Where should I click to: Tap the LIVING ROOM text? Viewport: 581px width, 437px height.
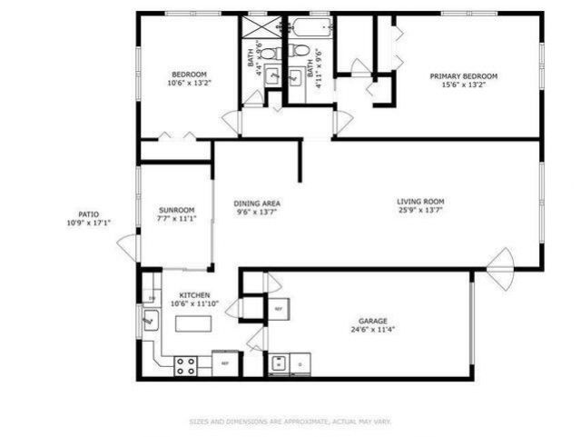420,202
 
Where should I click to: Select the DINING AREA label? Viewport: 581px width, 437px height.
257,204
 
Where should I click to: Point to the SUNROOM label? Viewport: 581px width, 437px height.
176,210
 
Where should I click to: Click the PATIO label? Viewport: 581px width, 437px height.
88,214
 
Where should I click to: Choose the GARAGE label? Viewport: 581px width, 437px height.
372,322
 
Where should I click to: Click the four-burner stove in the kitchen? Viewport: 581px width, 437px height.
186,365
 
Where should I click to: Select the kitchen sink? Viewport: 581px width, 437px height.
151,321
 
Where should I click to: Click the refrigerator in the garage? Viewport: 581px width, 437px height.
277,309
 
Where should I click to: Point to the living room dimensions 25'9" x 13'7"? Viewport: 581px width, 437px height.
420,211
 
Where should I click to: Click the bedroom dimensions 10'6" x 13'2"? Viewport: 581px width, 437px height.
190,84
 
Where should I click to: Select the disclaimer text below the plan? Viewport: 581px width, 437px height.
290,422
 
